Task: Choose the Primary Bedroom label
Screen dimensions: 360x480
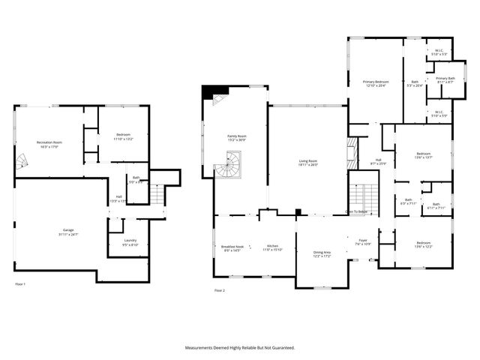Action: click(x=376, y=83)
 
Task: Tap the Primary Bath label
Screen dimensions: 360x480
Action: click(x=445, y=79)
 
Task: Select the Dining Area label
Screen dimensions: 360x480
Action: click(x=322, y=254)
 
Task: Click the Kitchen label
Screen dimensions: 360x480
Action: click(x=273, y=248)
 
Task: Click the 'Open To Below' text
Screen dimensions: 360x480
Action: click(x=356, y=212)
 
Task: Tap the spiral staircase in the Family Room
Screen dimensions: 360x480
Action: click(x=227, y=164)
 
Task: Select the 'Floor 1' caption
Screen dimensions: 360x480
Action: click(x=20, y=284)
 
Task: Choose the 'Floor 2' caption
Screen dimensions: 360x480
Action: click(x=219, y=290)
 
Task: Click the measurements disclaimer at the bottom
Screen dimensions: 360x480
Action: click(x=240, y=348)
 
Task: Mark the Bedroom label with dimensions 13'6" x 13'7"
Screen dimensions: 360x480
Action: click(x=424, y=154)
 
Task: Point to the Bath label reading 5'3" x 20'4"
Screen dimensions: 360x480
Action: click(x=415, y=84)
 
